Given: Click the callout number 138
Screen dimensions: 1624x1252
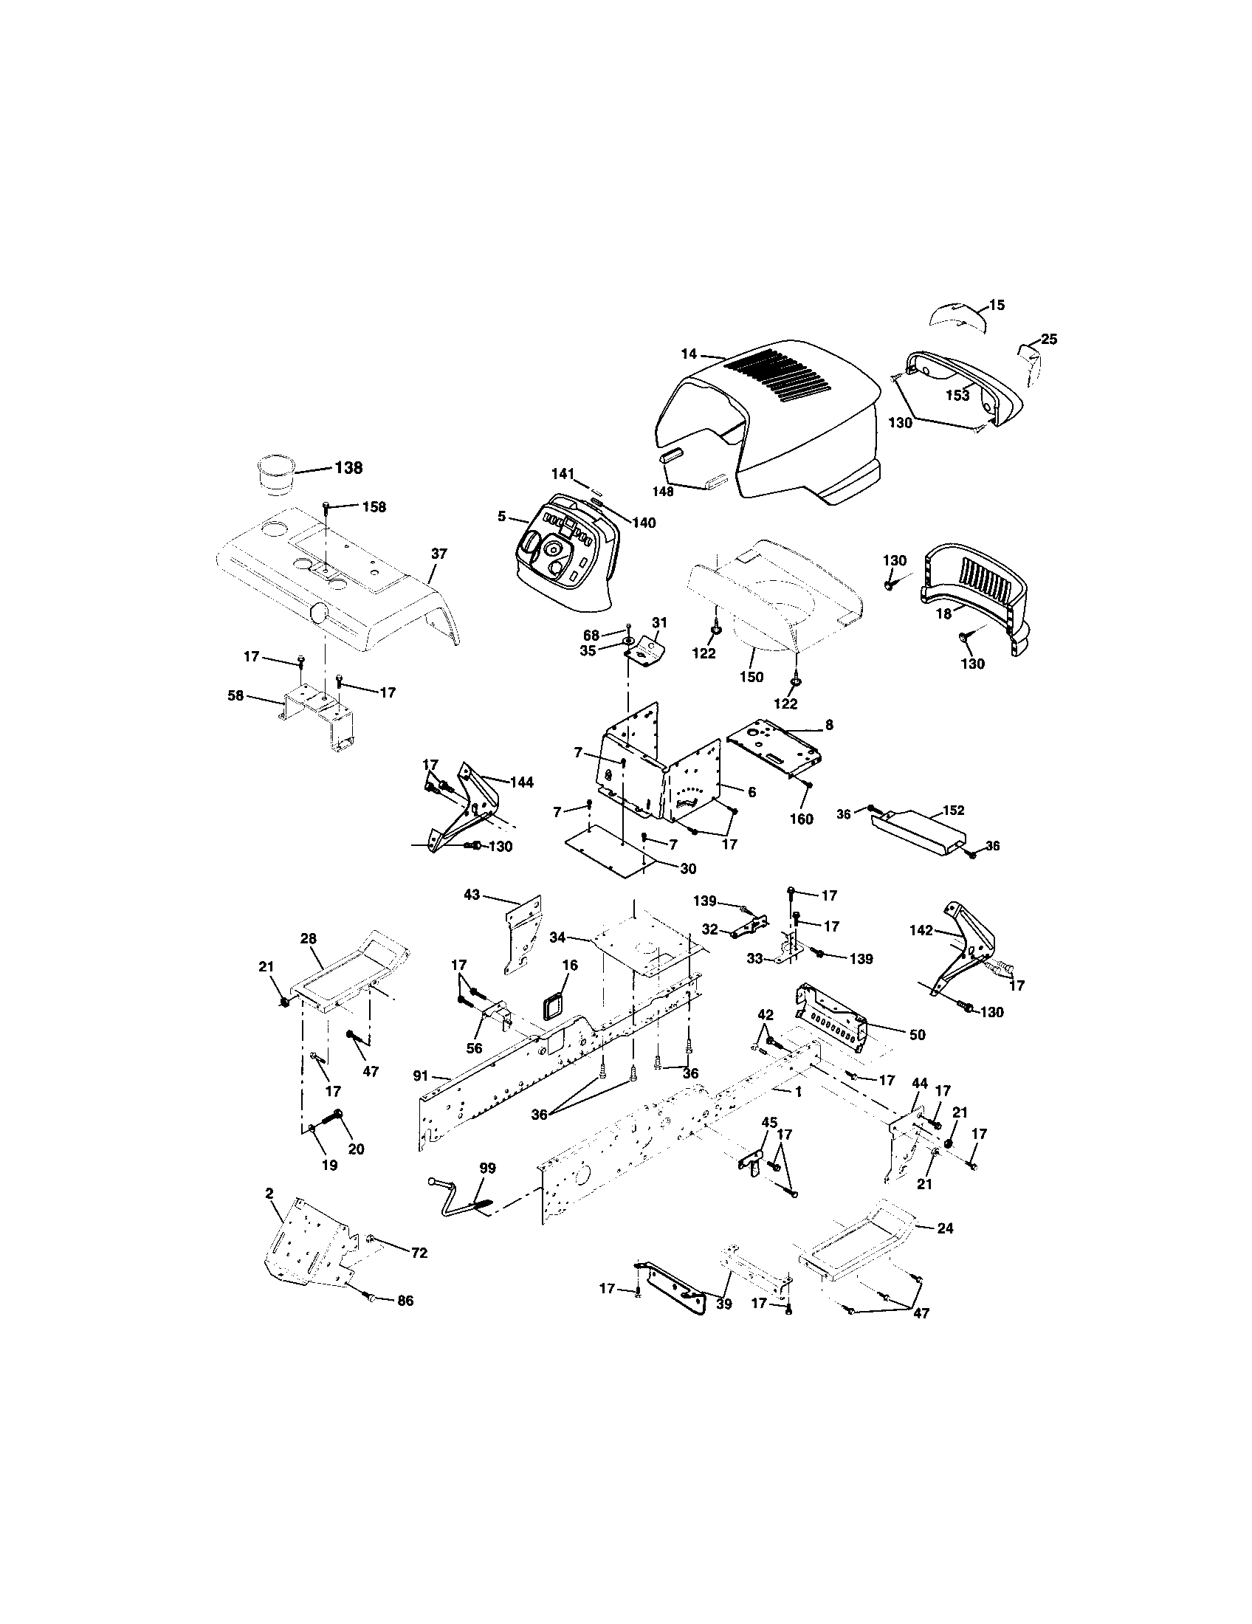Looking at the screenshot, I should [x=348, y=468].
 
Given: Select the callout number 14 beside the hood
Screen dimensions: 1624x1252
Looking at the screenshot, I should [x=690, y=354].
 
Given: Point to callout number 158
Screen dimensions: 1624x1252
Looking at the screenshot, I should [x=374, y=507].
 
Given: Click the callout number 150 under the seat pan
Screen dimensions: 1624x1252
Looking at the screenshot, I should [x=751, y=677].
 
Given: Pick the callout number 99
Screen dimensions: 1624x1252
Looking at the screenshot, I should [x=487, y=1169].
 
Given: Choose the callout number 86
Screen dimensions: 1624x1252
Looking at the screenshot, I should [x=405, y=1301].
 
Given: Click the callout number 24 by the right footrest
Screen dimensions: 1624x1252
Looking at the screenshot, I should [x=944, y=1228].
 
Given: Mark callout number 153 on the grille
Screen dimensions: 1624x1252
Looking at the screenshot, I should [x=957, y=396].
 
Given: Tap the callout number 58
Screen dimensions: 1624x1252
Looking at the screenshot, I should [x=235, y=696].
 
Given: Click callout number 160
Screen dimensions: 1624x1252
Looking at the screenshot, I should [x=801, y=819].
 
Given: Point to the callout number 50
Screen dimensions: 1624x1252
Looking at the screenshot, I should [x=918, y=1034].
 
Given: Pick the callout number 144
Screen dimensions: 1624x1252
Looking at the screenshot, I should [x=522, y=782].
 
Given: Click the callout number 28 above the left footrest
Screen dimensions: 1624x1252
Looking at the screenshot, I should [x=309, y=939].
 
